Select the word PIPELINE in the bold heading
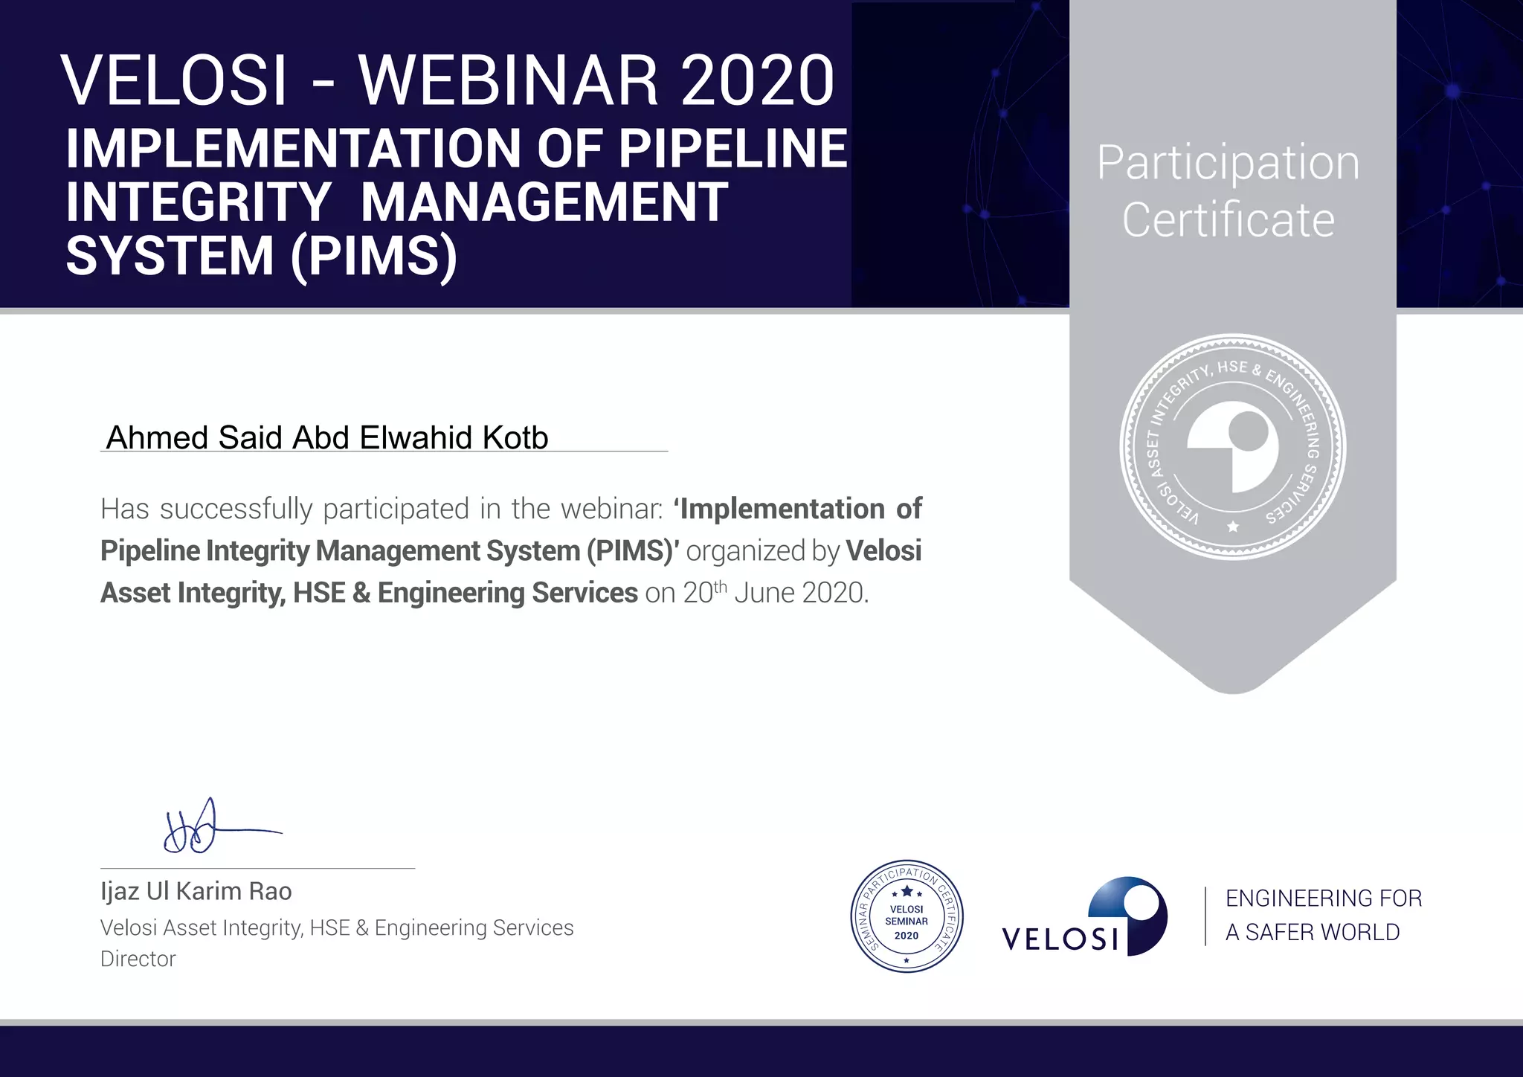coord(732,149)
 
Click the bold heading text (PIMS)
coord(374,256)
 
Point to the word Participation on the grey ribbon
coord(1228,164)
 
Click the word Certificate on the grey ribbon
coord(1228,220)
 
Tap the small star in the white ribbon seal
coord(1233,527)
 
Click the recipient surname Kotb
coord(515,437)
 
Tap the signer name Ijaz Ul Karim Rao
coord(196,891)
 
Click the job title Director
coord(138,959)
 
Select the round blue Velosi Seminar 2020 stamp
coord(907,916)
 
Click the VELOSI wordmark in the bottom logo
coord(1060,939)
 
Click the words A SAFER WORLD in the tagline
coord(1312,932)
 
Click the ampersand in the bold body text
coord(361,593)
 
